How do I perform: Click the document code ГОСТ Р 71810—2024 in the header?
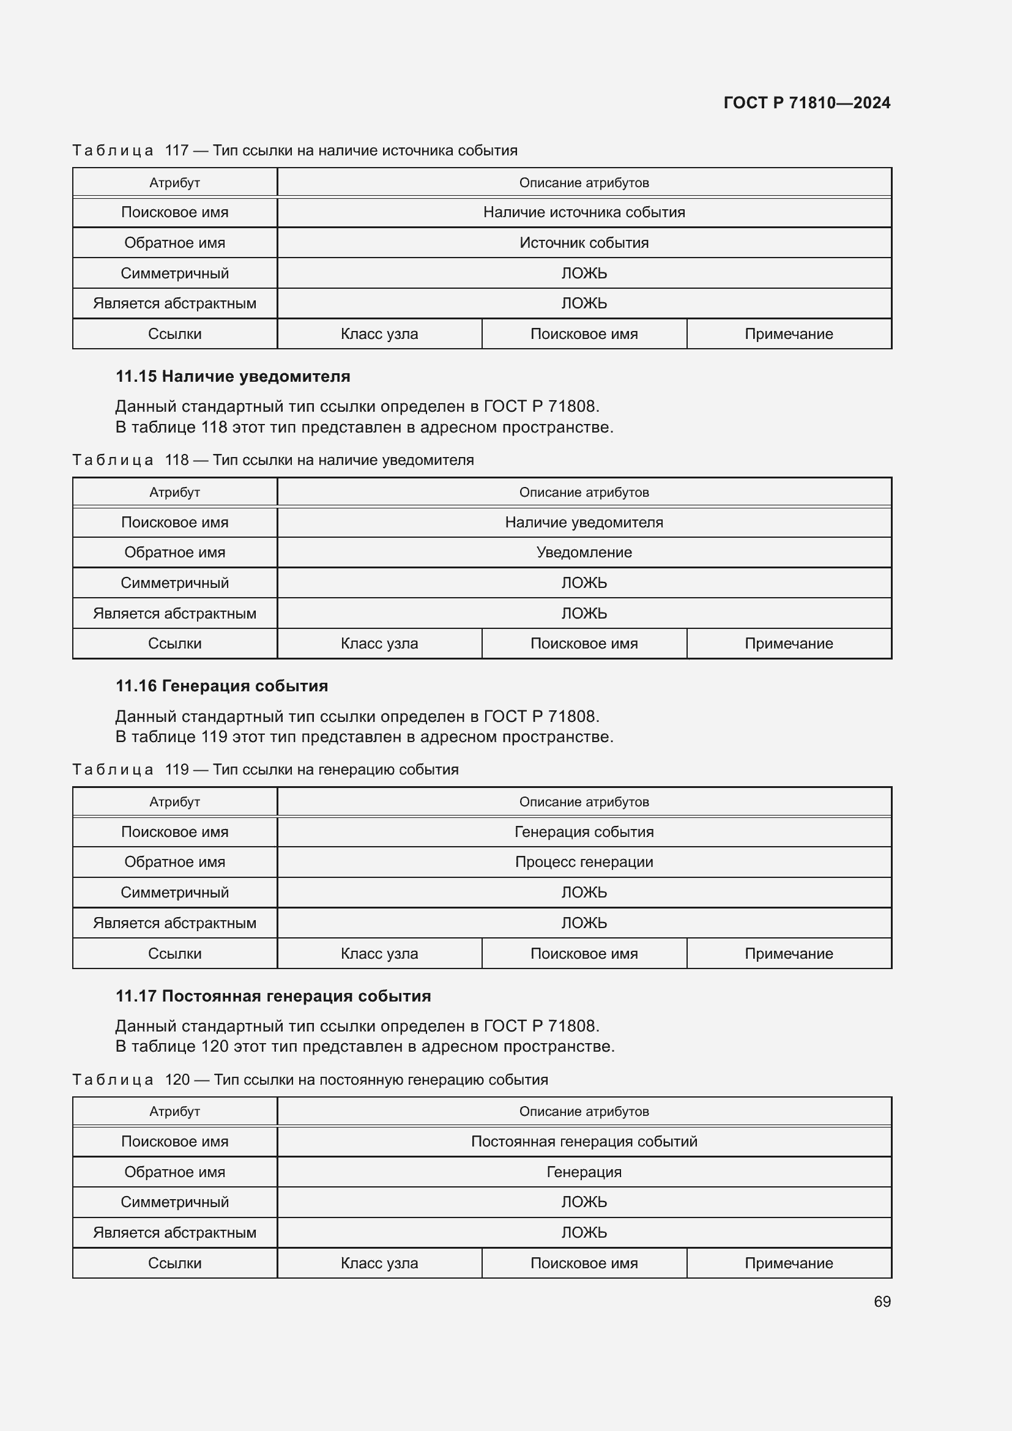pyautogui.click(x=806, y=103)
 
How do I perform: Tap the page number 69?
pyautogui.click(x=882, y=1301)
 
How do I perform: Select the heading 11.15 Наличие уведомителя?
pyautogui.click(x=233, y=376)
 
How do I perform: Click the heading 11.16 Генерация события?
pyautogui.click(x=221, y=686)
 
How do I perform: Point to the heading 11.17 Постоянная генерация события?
pyautogui.click(x=273, y=996)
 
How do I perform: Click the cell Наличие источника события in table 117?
pyautogui.click(x=584, y=212)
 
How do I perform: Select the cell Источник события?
pyautogui.click(x=584, y=243)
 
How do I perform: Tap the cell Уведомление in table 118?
pyautogui.click(x=584, y=552)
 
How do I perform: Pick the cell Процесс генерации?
pyautogui.click(x=584, y=862)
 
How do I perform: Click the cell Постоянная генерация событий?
pyautogui.click(x=584, y=1141)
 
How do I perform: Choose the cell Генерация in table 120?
pyautogui.click(x=584, y=1172)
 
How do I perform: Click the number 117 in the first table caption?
pyautogui.click(x=176, y=151)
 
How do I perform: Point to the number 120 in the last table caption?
pyautogui.click(x=177, y=1079)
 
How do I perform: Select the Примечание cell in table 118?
pyautogui.click(x=788, y=643)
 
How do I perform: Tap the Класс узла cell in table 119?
pyautogui.click(x=379, y=954)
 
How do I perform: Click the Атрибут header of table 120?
pyautogui.click(x=174, y=1111)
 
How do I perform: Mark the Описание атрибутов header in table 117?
pyautogui.click(x=584, y=182)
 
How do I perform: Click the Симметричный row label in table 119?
pyautogui.click(x=174, y=893)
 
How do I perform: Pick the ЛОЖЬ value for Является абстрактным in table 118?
pyautogui.click(x=584, y=613)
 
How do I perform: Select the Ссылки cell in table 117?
pyautogui.click(x=174, y=334)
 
